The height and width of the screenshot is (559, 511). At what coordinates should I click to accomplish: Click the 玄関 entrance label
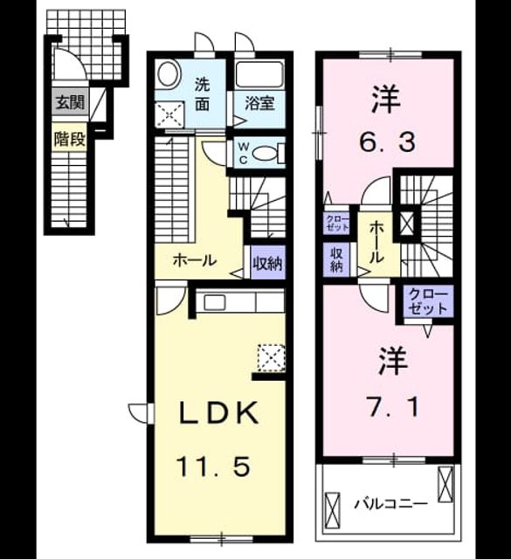point(70,103)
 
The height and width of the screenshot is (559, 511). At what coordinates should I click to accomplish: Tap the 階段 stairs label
point(70,139)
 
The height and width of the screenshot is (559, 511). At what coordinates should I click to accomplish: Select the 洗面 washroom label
point(202,95)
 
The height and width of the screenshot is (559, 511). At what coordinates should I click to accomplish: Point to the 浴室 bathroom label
point(259,103)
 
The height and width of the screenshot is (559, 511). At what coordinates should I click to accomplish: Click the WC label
point(243,153)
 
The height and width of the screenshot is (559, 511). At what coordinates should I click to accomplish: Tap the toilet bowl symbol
point(264,154)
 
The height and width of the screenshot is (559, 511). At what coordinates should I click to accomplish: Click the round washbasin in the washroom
point(169,76)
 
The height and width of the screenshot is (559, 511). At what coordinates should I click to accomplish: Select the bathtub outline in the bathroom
point(259,75)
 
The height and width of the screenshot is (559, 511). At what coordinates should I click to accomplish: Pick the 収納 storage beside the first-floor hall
point(268,264)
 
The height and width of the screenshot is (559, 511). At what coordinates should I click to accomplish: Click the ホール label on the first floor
point(194,261)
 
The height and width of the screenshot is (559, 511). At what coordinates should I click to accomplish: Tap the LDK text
point(218,413)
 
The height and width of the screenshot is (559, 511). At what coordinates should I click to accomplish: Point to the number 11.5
point(213,467)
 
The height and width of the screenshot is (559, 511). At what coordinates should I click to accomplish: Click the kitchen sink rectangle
point(215,303)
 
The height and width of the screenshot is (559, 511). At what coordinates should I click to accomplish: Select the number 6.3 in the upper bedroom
point(387,142)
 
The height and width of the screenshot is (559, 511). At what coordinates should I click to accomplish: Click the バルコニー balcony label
point(390,504)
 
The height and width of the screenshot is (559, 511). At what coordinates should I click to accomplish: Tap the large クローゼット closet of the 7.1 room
point(428,301)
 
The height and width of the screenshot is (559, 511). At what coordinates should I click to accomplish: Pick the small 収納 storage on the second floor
point(336,260)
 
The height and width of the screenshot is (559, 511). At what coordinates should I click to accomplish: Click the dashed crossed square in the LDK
point(271,358)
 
